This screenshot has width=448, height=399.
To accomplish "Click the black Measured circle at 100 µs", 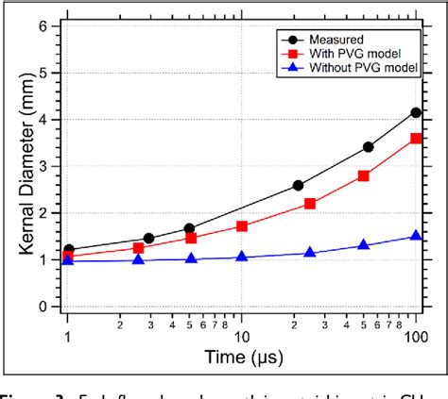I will click(x=416, y=113).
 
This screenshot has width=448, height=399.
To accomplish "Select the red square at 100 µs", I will click(x=416, y=139).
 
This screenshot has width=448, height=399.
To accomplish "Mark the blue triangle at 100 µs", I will click(x=416, y=236).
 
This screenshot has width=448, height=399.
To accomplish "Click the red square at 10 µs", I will click(x=242, y=226).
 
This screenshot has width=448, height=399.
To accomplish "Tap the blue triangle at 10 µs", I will click(x=242, y=257).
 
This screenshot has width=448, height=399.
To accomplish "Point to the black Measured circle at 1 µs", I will click(x=68, y=250).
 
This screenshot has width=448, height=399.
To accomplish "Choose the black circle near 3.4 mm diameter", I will click(x=369, y=147).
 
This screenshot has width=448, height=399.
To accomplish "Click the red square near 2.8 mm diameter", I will click(x=363, y=175).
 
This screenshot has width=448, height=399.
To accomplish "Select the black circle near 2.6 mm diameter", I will click(x=298, y=185).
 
